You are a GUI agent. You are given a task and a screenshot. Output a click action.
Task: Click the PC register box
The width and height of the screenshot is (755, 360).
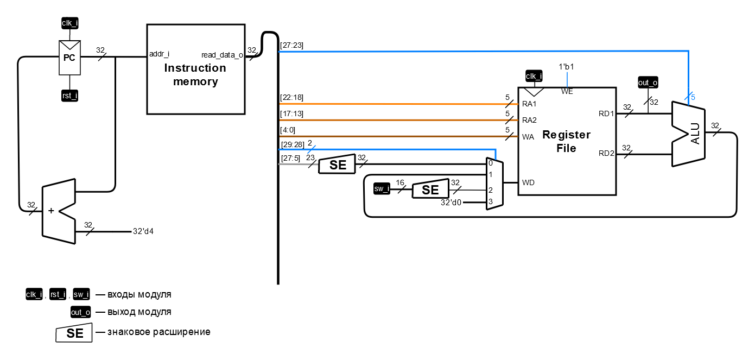pyautogui.click(x=69, y=58)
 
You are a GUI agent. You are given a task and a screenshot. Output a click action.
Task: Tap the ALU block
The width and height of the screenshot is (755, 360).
pyautogui.click(x=689, y=134)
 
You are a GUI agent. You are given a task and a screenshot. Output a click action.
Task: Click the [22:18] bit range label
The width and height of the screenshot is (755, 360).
pyautogui.click(x=291, y=97)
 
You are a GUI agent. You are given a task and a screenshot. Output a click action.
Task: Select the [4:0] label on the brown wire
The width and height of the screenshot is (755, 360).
pyautogui.click(x=289, y=130)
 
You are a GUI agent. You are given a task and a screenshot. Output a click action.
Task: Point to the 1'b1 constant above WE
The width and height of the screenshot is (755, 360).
pyautogui.click(x=566, y=67)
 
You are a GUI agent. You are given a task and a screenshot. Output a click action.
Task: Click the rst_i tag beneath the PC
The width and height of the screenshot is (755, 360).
pyautogui.click(x=69, y=96)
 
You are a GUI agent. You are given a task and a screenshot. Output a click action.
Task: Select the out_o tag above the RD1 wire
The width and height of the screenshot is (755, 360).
pyautogui.click(x=648, y=83)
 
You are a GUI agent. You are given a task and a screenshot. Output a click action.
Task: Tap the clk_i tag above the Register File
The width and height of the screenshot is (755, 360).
pyautogui.click(x=534, y=75)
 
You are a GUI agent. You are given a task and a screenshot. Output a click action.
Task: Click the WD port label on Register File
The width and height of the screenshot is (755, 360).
pyautogui.click(x=528, y=182)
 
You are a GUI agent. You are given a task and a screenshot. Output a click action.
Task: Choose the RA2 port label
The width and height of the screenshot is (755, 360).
pyautogui.click(x=529, y=120)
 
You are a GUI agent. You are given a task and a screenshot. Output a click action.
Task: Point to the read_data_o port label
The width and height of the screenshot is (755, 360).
pyautogui.click(x=222, y=55)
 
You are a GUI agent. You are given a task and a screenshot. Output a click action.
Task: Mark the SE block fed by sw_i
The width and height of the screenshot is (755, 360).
pyautogui.click(x=430, y=190)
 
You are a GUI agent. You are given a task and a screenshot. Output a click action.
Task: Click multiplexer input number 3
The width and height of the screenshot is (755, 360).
pyautogui.click(x=490, y=202)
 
